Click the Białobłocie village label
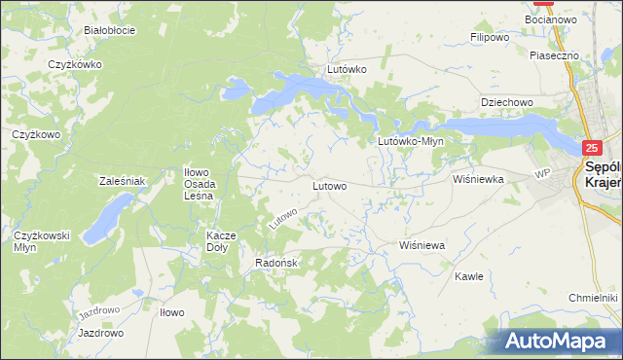pos(109,30)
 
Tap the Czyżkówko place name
pos(75,64)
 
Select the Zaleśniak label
pos(122,181)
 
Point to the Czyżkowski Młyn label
pos(39,241)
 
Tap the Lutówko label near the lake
pos(346,70)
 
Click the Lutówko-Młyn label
pos(411,141)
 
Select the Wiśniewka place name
pos(478,179)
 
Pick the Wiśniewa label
pos(421,246)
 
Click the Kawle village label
pos(469,276)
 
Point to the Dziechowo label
pos(506,102)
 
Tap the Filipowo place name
pos(491,38)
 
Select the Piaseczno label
pos(555,56)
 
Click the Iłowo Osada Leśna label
pos(205,184)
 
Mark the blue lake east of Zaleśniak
pos(108,218)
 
